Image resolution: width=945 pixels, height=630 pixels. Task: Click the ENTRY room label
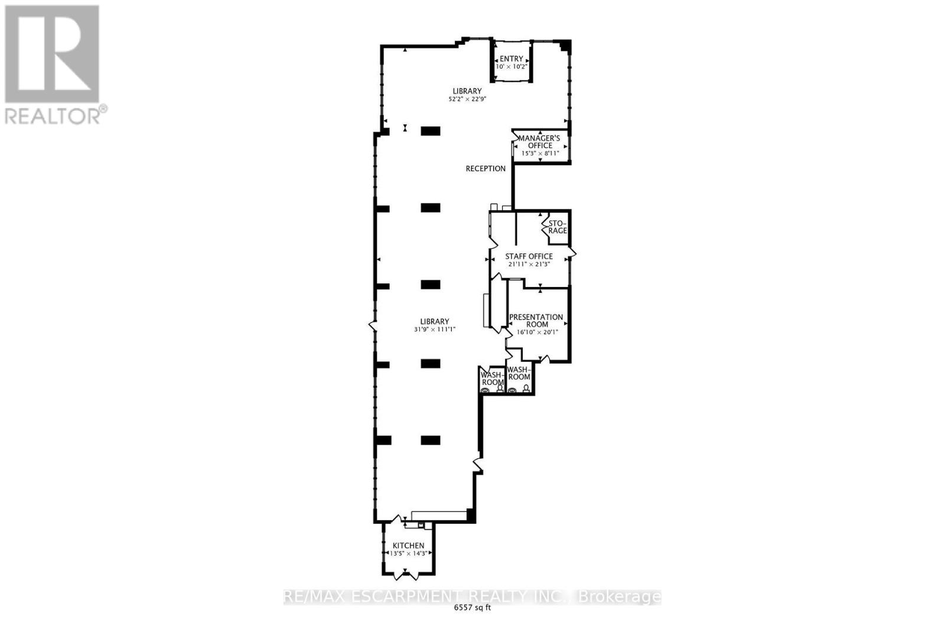tap(511, 58)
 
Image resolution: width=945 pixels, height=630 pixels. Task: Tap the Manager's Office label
tap(539, 142)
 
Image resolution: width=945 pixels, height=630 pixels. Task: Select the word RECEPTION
tap(485, 169)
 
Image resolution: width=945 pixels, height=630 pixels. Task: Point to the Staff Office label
tap(529, 256)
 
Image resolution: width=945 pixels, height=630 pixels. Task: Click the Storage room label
tap(558, 227)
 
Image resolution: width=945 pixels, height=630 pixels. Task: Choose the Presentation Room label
tap(536, 321)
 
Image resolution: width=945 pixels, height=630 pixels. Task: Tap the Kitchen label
tap(408, 545)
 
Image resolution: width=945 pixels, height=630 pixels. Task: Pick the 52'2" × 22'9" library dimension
tap(467, 99)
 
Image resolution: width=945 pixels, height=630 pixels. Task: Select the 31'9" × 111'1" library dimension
tap(435, 329)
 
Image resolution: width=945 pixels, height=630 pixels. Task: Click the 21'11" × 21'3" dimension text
tap(529, 264)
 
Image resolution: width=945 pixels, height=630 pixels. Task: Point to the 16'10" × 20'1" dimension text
tap(537, 332)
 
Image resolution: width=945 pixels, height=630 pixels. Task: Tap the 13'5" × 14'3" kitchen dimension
tap(408, 553)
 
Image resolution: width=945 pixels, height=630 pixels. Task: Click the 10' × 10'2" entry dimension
tap(511, 66)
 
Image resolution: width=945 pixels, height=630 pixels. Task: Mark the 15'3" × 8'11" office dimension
tap(540, 153)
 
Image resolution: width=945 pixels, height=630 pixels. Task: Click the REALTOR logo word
tap(53, 116)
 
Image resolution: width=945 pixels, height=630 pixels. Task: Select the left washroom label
tap(492, 378)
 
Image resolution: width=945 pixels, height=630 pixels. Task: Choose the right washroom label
tap(519, 374)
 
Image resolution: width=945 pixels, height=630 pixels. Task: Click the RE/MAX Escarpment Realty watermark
tap(472, 596)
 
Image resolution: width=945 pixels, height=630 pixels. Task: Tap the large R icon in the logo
tap(51, 53)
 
